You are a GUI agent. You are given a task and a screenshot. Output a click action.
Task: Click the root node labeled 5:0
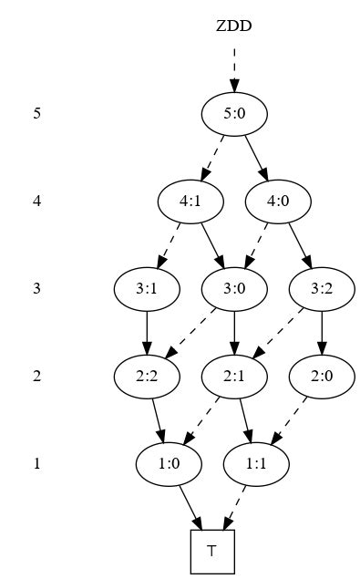[234, 114]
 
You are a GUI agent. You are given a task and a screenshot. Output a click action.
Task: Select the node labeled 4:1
[190, 202]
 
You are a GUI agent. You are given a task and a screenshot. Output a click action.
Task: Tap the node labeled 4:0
[278, 202]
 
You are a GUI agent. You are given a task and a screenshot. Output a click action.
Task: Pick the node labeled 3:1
[147, 289]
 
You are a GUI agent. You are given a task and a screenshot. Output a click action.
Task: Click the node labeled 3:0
[234, 289]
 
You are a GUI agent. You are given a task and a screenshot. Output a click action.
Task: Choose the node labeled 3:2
[322, 289]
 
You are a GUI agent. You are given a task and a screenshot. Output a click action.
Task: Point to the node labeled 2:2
[147, 376]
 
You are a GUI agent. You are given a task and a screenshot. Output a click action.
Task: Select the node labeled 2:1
[234, 376]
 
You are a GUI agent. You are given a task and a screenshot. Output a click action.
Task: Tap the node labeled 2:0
[322, 376]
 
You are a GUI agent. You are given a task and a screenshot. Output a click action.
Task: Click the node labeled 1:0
[169, 463]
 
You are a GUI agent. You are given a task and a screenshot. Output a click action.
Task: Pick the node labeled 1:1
[256, 463]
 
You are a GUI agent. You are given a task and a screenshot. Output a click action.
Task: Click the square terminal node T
[212, 551]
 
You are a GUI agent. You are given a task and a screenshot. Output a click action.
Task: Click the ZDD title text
[234, 26]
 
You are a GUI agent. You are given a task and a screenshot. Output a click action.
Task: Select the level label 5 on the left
[37, 114]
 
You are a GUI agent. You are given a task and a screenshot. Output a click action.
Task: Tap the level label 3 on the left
[37, 289]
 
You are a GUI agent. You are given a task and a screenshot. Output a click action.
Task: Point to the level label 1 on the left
[37, 463]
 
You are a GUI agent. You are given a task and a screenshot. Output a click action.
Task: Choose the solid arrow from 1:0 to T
[190, 507]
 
